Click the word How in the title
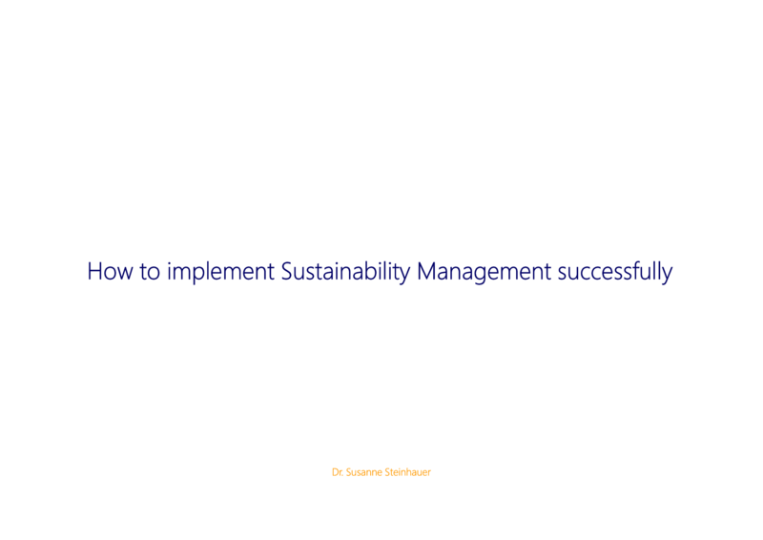click(110, 271)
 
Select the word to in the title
click(150, 272)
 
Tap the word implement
click(220, 273)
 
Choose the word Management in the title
click(485, 273)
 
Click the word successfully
click(615, 273)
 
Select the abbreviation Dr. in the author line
click(338, 472)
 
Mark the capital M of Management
click(426, 271)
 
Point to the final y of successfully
click(667, 276)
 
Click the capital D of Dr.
click(336, 472)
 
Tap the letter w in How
click(125, 274)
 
